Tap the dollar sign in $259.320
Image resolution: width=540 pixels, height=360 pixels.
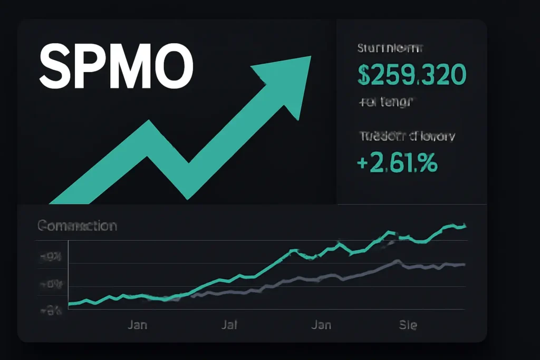coord(364,75)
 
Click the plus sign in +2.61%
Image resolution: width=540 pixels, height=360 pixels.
coord(363,162)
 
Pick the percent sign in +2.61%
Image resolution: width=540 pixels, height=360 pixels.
coord(428,162)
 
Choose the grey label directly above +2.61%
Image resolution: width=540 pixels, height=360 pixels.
coord(406,137)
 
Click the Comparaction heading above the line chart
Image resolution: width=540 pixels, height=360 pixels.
coord(77,226)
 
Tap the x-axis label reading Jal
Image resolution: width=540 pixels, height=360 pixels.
coord(229,325)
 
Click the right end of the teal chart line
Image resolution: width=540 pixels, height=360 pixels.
coord(465,226)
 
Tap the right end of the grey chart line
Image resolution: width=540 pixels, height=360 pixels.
coord(464,265)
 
